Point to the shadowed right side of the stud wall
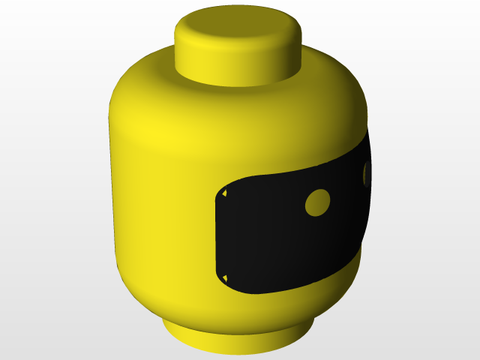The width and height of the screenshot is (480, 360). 289,60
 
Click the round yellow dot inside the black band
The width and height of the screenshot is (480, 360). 318,202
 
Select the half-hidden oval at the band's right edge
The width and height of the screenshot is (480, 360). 367,174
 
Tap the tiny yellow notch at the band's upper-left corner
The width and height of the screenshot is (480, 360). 223,196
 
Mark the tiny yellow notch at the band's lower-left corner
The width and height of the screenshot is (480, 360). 223,278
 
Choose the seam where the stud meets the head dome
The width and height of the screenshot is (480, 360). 238,82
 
